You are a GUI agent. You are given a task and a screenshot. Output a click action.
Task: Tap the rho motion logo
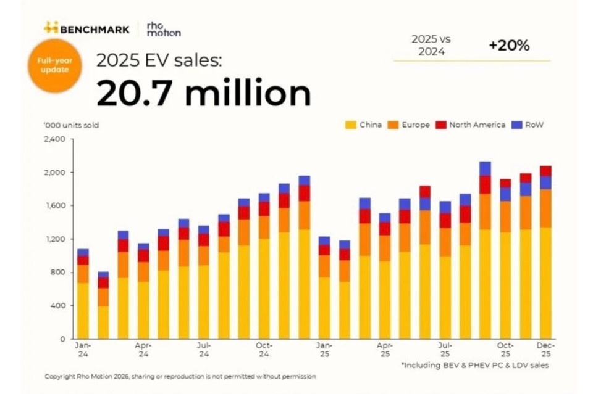point(163,28)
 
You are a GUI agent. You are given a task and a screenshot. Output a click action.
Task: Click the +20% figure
point(508,45)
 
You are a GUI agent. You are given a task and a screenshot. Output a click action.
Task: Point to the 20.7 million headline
point(203,94)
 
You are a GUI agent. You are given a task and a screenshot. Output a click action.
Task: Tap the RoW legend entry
point(529,125)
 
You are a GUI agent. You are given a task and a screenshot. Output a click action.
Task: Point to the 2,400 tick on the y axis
point(54,139)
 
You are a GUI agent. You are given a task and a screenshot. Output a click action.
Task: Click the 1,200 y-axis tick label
point(56,239)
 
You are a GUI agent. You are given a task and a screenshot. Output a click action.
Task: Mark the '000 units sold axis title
point(71,125)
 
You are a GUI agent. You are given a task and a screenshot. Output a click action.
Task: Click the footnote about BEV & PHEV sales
point(474,366)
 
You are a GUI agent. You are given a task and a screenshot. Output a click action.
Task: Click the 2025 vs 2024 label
point(432,45)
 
